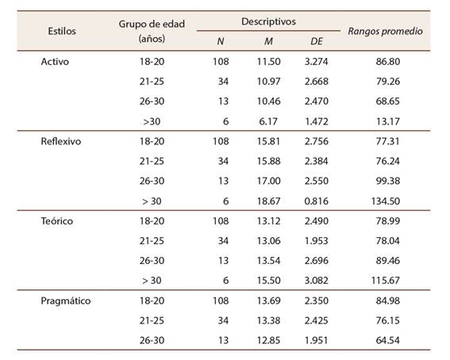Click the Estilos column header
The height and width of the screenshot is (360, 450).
click(x=62, y=31)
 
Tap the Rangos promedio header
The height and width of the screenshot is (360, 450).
click(x=385, y=31)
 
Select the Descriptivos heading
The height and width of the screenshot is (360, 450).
click(x=268, y=21)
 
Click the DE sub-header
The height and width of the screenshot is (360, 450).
click(x=316, y=41)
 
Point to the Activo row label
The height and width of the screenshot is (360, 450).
click(x=55, y=62)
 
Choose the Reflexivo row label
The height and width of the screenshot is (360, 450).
click(x=61, y=141)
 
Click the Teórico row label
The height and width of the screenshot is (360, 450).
click(x=57, y=221)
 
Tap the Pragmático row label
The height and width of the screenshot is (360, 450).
click(x=66, y=301)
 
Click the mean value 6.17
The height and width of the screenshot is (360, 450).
click(x=268, y=121)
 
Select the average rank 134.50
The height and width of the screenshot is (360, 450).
click(x=386, y=201)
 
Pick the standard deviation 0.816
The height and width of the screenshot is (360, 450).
click(x=316, y=201)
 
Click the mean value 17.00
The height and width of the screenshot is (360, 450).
click(x=268, y=181)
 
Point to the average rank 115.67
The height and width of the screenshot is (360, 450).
click(x=386, y=281)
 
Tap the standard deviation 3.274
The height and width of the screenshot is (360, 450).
click(x=316, y=62)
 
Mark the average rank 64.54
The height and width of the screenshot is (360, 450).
click(x=388, y=340)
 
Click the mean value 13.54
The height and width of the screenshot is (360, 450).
click(x=268, y=261)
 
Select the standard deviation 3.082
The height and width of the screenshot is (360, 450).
click(x=316, y=281)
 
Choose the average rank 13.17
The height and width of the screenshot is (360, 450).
click(x=388, y=121)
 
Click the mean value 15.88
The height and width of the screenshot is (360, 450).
click(x=268, y=161)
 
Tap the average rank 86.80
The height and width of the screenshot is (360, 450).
click(x=388, y=62)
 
